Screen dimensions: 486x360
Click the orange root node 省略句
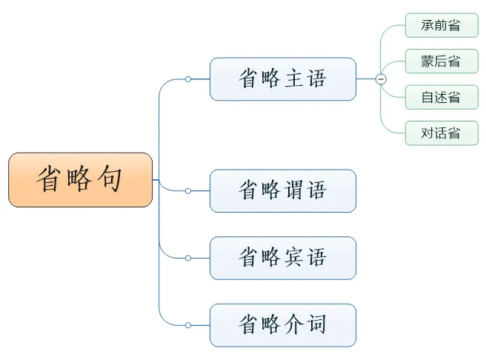(80, 180)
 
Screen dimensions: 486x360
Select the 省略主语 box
(283, 79)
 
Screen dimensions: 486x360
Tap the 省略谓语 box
(283, 191)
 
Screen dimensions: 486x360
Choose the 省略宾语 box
(283, 258)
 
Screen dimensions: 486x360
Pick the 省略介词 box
(283, 325)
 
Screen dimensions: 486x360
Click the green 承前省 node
(442, 25)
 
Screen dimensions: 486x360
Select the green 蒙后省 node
(442, 61)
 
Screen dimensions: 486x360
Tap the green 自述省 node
(442, 97)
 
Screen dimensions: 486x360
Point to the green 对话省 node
(442, 133)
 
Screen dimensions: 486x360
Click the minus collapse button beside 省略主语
(381, 79)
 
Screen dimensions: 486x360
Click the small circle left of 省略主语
(188, 79)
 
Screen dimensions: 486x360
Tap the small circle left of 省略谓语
(188, 191)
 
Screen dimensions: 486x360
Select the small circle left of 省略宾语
(188, 258)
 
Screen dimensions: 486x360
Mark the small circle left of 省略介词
(188, 325)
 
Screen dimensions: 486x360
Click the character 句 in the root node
(110, 179)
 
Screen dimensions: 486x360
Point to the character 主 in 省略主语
(294, 79)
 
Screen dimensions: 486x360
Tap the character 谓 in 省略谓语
(294, 190)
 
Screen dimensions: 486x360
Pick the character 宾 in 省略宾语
(294, 257)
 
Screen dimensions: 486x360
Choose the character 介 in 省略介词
(294, 324)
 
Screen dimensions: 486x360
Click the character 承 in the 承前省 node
(427, 25)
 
